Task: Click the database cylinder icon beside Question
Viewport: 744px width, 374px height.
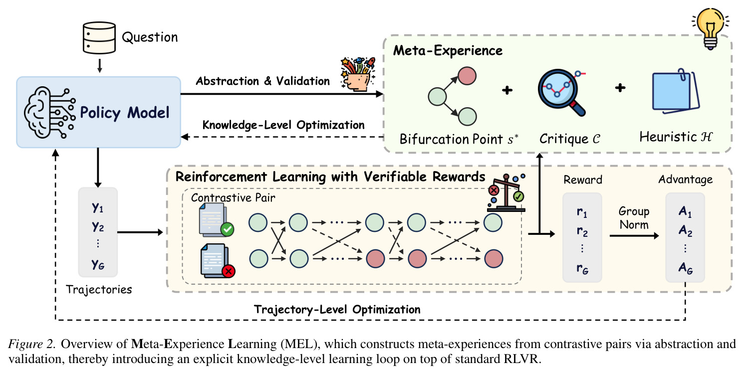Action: tap(99, 38)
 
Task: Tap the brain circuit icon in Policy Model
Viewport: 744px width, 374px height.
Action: tap(50, 113)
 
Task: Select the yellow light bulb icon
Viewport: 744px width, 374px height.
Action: tap(711, 29)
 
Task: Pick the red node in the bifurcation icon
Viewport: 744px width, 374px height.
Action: tap(467, 76)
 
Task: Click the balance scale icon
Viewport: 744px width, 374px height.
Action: tap(506, 193)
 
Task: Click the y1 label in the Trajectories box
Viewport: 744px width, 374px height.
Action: tap(98, 208)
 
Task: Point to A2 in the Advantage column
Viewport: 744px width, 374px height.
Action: tap(686, 230)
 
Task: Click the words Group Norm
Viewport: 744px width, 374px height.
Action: tap(634, 218)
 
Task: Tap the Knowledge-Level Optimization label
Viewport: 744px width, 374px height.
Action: tap(283, 125)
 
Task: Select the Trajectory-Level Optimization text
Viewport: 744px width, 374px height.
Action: tap(337, 310)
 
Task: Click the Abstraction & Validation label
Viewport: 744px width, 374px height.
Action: tap(263, 81)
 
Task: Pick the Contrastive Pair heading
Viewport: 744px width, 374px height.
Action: tap(233, 198)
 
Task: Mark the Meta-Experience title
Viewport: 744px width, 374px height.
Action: tap(448, 50)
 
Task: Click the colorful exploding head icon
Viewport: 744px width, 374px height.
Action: tap(358, 74)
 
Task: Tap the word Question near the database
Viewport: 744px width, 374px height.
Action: tap(150, 37)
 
